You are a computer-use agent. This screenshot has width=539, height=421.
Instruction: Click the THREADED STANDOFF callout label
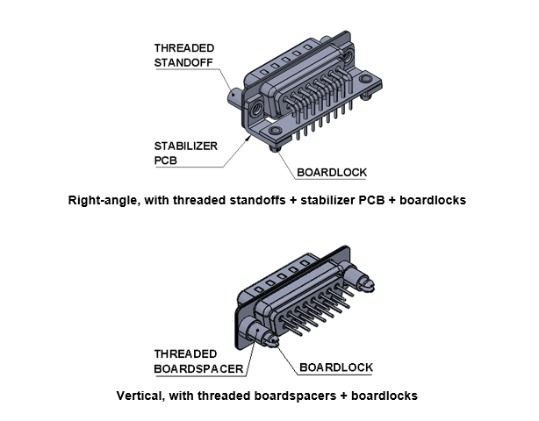tap(183, 55)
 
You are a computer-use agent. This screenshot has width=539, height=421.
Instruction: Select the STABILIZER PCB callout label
tap(185, 153)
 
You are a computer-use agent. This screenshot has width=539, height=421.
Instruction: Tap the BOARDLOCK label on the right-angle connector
tap(332, 173)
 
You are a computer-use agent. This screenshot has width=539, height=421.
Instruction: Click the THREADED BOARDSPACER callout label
tap(198, 361)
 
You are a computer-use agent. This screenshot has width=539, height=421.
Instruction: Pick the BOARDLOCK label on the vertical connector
tap(336, 367)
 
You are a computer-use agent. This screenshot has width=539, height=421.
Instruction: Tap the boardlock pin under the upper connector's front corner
tap(275, 148)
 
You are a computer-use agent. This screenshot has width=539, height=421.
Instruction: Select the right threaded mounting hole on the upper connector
tap(349, 56)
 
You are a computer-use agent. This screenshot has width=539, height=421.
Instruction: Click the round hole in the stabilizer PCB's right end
tap(365, 79)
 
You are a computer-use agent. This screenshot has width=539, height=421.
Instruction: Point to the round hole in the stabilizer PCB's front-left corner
tap(275, 130)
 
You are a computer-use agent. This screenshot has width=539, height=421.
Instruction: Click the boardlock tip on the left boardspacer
tap(273, 341)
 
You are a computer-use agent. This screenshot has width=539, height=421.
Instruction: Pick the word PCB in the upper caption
tap(371, 200)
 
